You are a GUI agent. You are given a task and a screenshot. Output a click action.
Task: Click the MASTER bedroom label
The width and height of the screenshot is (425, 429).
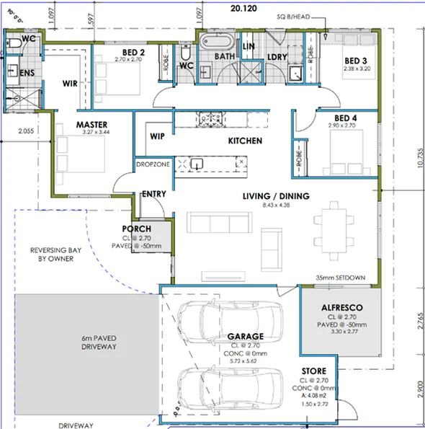[91, 124]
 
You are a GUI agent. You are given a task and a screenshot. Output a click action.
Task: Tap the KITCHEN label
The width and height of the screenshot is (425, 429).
[245, 141]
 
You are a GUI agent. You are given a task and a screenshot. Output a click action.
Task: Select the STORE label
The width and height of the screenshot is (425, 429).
[314, 371]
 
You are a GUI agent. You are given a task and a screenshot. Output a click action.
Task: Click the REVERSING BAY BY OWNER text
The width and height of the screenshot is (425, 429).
[52, 255]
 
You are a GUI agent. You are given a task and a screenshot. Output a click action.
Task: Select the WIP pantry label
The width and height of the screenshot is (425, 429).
[158, 136]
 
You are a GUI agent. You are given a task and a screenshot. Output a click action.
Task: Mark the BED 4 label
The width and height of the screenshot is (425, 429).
[345, 118]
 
